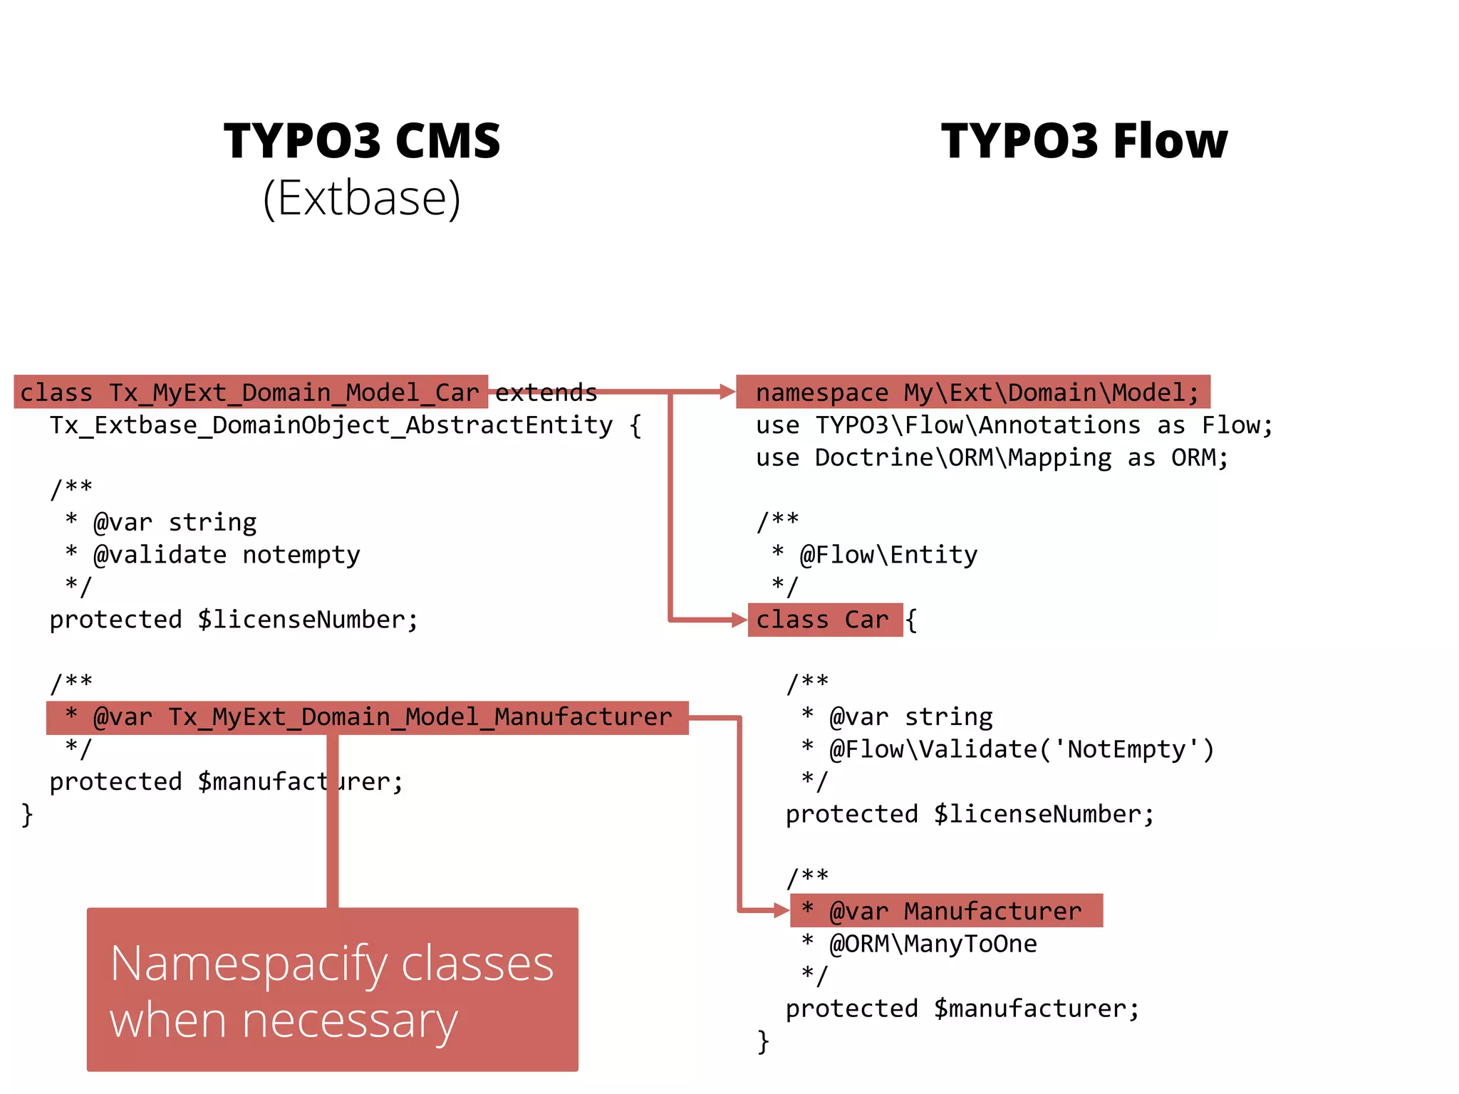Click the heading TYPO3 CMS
coord(362,140)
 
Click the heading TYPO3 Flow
coord(1084,140)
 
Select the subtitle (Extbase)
coord(362,198)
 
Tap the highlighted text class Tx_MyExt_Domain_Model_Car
coord(250,392)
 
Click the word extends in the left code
coord(546,392)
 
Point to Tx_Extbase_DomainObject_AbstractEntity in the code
coord(331,425)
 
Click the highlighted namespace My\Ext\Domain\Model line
coord(972,392)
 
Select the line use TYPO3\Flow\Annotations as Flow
coord(1014,425)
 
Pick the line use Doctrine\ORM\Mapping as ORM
coord(992,457)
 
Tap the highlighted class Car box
coord(824,620)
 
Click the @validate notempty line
coord(226,554)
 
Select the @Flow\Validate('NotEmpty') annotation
coord(1021,749)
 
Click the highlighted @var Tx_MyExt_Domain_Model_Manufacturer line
coord(368,717)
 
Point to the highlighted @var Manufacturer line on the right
coord(946,911)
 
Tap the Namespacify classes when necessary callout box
coord(332,989)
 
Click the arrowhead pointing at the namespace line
coord(727,391)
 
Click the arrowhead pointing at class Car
coord(739,620)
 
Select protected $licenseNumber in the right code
coord(969,814)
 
